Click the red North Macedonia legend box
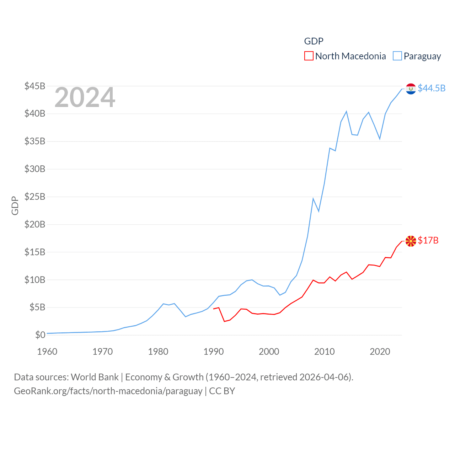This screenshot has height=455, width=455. point(309,56)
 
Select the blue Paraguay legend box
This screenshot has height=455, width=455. point(397,56)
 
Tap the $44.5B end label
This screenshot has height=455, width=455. point(432,88)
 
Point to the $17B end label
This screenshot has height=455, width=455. point(428,241)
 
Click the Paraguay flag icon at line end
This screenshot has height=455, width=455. point(411,89)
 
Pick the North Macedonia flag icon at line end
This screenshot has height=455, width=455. point(411,241)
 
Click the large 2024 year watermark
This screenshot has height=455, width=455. point(85,97)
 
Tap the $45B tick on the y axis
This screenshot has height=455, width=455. point(35,86)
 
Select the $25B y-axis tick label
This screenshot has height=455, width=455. point(35,197)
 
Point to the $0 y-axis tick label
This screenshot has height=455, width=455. point(40,335)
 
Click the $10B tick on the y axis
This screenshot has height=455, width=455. point(35,280)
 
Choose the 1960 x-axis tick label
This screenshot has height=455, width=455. point(47,352)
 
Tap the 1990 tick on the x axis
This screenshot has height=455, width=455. point(214,352)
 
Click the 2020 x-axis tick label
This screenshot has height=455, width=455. point(380,352)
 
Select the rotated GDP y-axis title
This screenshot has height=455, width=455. point(15,205)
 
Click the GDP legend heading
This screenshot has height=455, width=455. point(314,41)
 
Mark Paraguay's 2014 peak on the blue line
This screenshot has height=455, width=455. point(346,112)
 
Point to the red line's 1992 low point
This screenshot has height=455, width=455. point(224,321)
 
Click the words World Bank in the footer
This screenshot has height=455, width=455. point(95,377)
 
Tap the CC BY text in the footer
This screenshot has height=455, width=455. point(222,391)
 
